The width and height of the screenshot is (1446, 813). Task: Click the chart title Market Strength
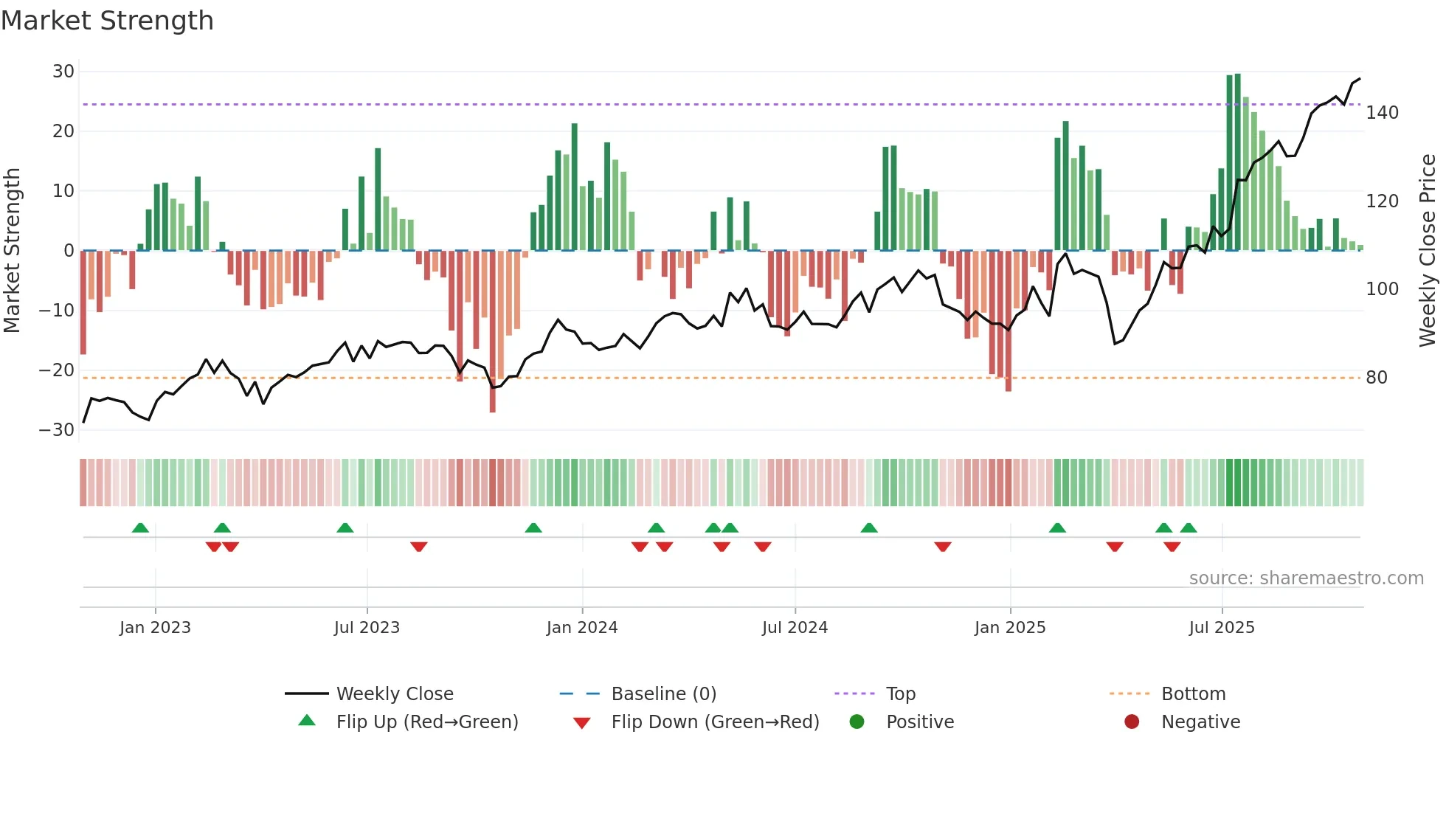[x=107, y=21]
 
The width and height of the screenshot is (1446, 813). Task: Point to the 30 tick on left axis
[x=63, y=72]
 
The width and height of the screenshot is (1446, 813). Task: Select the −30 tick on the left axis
[x=57, y=430]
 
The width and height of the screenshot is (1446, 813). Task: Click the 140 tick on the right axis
[x=1382, y=113]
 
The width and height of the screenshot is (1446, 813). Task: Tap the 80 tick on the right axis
[x=1376, y=378]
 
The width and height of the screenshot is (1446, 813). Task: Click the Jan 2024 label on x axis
[x=581, y=628]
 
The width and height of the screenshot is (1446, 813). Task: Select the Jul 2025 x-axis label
[x=1221, y=628]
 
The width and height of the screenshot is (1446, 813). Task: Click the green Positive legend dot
[x=857, y=722]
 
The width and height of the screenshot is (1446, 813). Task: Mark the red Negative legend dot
[x=1132, y=722]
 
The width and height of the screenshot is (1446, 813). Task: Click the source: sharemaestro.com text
[x=1306, y=578]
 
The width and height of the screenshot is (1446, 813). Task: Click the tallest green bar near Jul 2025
[x=1237, y=162]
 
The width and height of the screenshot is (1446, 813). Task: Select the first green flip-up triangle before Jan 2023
[x=140, y=527]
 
